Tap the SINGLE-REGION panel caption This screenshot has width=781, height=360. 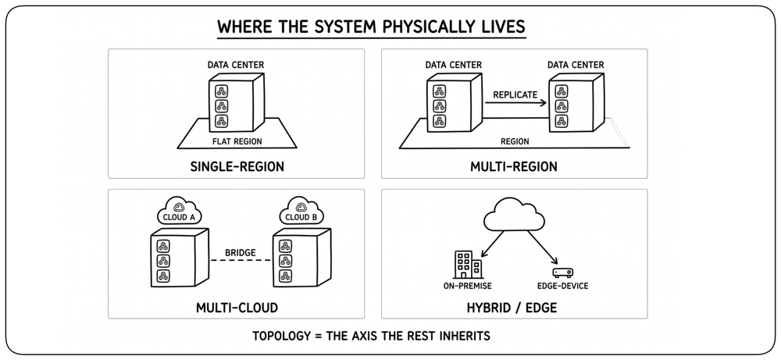pos(237,166)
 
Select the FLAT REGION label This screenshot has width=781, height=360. pos(237,141)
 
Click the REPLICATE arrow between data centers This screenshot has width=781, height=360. pos(515,103)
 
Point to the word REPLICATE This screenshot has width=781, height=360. pos(515,94)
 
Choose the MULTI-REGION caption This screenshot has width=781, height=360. pos(514,166)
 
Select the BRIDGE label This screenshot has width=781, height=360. pos(240,252)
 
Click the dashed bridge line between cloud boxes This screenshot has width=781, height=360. pos(241,260)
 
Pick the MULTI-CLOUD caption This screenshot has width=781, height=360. pos(237,308)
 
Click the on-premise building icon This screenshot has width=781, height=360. pos(468,265)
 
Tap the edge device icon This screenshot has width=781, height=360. pos(563,273)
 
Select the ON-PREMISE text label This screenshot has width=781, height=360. pos(467,287)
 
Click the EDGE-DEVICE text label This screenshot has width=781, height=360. pos(563,287)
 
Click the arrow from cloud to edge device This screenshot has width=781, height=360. pos(541,248)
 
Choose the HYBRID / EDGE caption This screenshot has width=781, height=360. pos(512,308)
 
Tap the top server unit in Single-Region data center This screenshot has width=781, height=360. pos(221,91)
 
